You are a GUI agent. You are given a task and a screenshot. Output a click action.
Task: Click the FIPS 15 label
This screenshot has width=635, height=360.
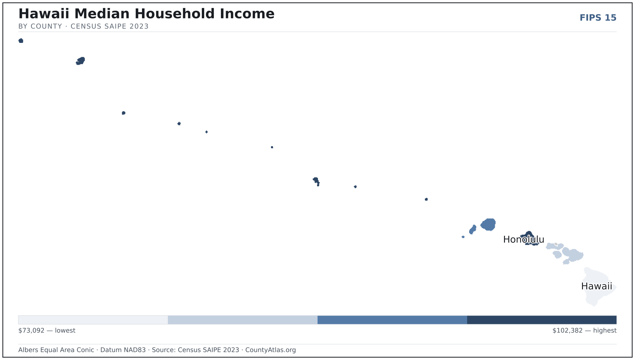[598, 18]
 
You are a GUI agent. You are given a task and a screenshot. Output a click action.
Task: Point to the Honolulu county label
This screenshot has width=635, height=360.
[524, 239]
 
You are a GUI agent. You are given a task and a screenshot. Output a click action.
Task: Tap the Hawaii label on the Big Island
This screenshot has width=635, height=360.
[597, 286]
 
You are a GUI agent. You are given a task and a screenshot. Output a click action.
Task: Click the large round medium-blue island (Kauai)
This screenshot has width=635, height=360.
[488, 225]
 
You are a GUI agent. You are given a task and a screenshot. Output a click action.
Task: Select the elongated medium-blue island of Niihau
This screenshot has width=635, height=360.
[472, 230]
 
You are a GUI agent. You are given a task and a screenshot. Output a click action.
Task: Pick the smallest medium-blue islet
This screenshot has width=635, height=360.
[463, 237]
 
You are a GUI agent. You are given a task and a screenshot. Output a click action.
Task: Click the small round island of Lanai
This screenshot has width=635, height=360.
[557, 255]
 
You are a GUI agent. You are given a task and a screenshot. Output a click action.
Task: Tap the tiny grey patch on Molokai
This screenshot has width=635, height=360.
[556, 244]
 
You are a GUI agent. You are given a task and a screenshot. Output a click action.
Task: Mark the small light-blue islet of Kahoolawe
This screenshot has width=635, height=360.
[566, 262]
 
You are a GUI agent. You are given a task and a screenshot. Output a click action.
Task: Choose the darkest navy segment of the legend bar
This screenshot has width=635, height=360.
[542, 320]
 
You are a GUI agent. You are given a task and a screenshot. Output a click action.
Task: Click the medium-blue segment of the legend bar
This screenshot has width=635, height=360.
[392, 320]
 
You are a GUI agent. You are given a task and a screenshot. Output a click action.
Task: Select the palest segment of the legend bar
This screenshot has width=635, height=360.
[93, 320]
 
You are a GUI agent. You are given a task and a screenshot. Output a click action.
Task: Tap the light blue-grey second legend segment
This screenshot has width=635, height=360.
[243, 320]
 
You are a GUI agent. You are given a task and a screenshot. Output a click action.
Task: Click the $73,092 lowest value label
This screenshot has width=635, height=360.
[47, 331]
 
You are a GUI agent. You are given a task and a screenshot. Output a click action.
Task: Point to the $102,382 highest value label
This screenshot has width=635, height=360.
[584, 331]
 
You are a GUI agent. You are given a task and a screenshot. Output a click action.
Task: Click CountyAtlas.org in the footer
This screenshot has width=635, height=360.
[271, 350]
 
